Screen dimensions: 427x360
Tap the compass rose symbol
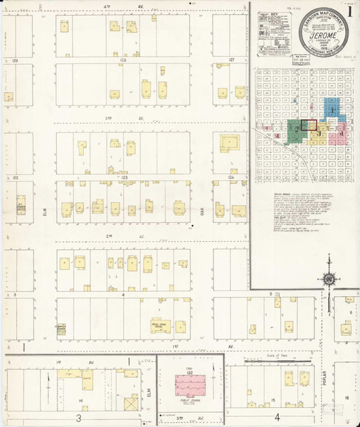(329, 278)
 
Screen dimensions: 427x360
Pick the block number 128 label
(123, 61)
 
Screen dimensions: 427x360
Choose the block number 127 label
(231, 61)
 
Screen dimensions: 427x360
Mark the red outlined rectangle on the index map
(309, 125)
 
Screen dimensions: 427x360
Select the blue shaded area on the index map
(332, 108)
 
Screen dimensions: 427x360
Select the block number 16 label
(347, 397)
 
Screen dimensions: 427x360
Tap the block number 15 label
(273, 401)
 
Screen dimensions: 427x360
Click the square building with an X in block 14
(131, 404)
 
